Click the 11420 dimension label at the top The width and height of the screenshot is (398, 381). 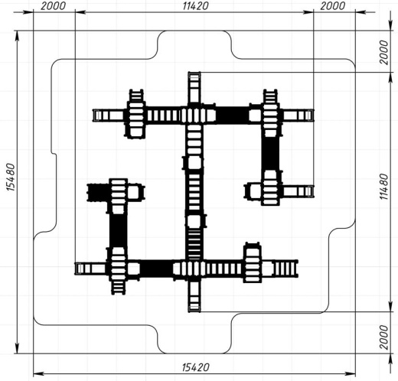click(195, 5)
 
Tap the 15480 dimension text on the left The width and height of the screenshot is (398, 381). click(11, 177)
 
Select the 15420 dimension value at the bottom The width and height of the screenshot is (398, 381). click(196, 367)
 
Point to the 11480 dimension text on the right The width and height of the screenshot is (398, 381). click(383, 187)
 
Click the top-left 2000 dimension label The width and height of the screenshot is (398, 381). click(53, 5)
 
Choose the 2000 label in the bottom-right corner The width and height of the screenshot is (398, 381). click(383, 337)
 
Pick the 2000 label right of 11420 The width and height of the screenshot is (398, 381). click(333, 5)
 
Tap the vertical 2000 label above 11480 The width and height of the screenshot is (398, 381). click(383, 52)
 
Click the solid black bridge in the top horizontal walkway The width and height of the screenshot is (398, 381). click(232, 115)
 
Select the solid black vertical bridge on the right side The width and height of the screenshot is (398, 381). click(270, 153)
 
